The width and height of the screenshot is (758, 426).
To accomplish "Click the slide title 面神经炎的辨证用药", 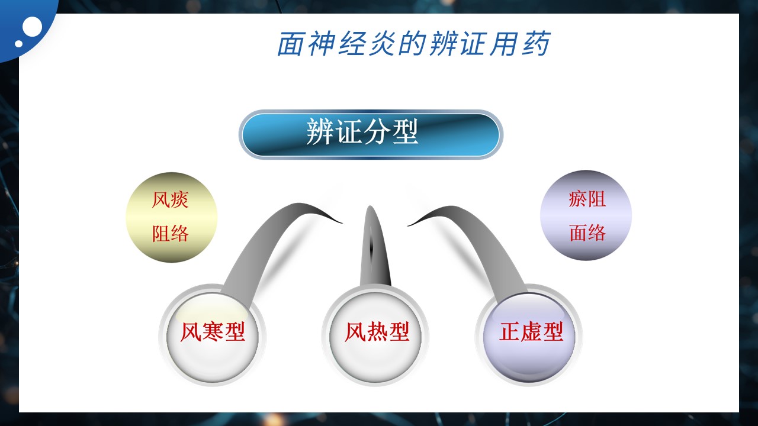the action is point(413,44).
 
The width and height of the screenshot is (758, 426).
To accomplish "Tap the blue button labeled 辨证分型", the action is point(371,134).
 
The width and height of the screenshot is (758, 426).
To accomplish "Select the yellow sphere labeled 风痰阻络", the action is point(171,217).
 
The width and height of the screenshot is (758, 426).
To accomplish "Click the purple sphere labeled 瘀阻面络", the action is point(586,215).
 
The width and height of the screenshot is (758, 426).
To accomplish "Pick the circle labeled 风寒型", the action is point(212,335).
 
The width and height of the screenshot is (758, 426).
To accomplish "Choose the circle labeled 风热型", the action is point(375,335).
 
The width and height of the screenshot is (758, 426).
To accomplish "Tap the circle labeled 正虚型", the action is point(529,335).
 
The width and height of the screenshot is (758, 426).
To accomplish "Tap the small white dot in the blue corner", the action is point(18,43).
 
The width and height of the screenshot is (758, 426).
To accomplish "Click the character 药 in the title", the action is point(536,44).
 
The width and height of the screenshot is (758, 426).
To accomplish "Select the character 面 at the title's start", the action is point(290,44).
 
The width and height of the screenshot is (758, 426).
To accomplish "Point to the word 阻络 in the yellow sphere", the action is point(170,233).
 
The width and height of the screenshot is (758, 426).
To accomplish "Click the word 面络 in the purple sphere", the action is point(587,233).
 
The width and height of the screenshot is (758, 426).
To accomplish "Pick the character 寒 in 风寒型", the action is point(213,332).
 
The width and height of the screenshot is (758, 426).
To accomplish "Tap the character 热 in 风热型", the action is point(377,332).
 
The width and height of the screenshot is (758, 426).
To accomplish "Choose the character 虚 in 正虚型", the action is point(531,332).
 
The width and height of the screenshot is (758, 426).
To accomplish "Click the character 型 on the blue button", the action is point(406,132).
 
